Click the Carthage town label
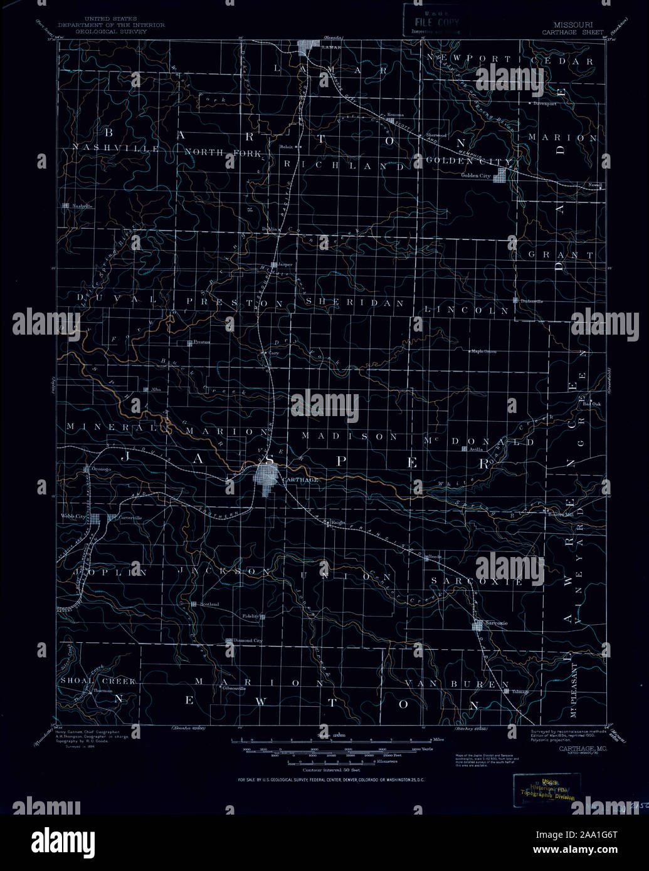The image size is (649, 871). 300,479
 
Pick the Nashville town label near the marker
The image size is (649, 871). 82,206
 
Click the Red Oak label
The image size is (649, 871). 591,404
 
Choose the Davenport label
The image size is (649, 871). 545,103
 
